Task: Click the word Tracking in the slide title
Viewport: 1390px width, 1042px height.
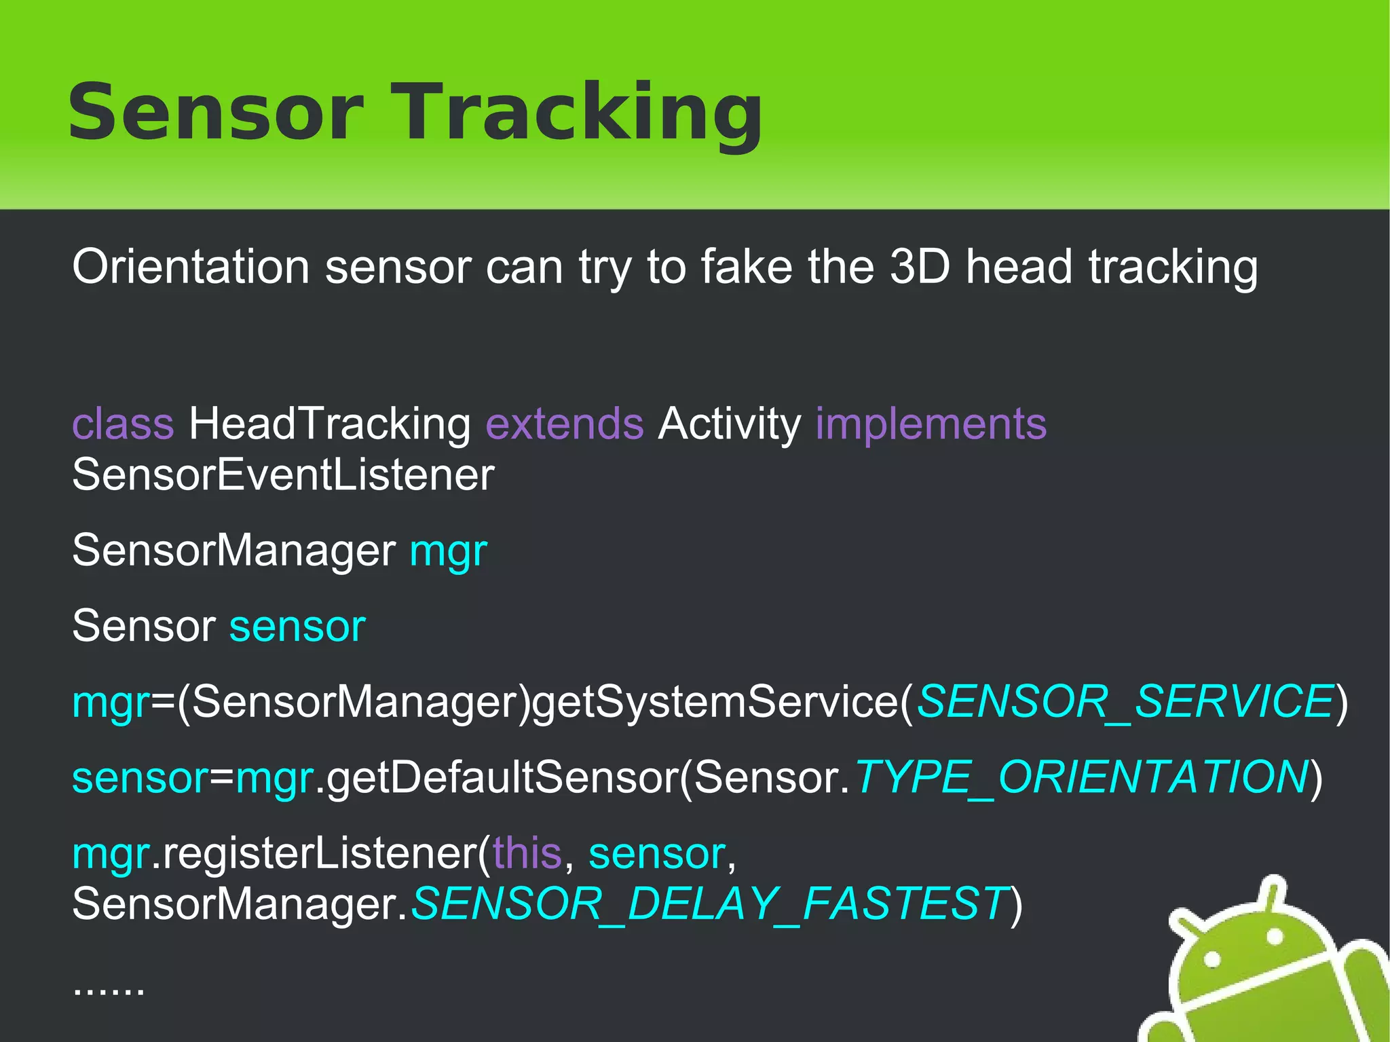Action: tap(584, 112)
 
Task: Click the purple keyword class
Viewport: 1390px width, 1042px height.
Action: tap(123, 424)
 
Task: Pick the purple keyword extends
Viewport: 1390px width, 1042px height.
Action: tap(564, 424)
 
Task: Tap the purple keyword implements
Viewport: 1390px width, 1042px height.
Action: tap(931, 425)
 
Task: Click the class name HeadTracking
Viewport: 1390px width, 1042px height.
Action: tap(329, 425)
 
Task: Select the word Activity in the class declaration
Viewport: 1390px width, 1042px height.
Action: tap(729, 425)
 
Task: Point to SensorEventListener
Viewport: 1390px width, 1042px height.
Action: tap(283, 475)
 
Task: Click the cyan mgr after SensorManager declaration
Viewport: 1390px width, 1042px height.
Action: tap(449, 552)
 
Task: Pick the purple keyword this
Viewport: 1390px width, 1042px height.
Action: tap(527, 853)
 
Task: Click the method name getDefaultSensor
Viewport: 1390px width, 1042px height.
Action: tap(502, 777)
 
